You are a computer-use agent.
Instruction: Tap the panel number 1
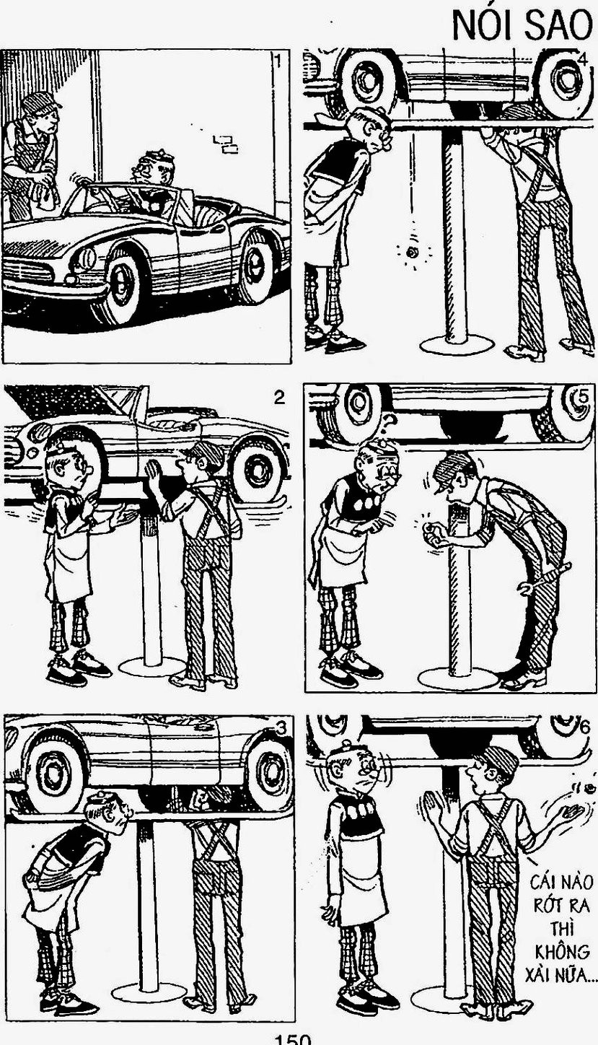pos(278,61)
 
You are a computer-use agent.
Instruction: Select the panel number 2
pos(278,398)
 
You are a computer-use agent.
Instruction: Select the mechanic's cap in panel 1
pos(40,101)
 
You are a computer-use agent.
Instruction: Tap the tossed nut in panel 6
pos(590,788)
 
